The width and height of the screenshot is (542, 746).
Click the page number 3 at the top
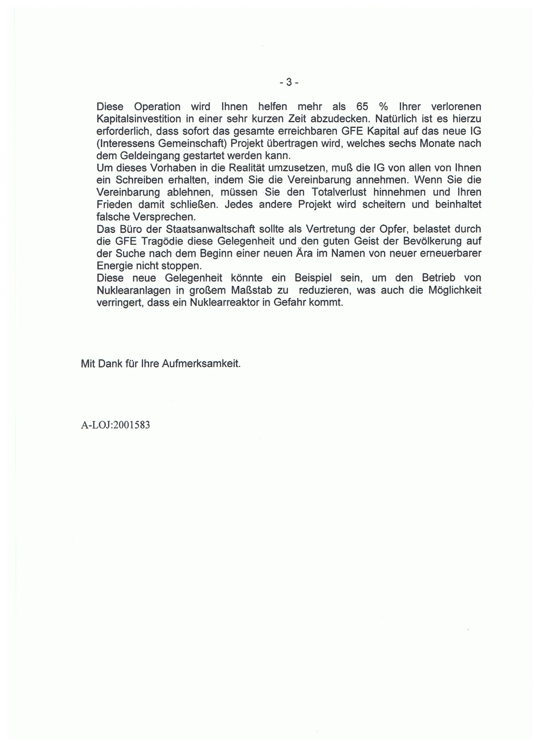coord(289,82)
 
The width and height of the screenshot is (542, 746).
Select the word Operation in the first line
coord(157,107)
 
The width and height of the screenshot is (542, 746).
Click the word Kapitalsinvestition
coord(139,119)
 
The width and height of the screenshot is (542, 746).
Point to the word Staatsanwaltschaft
coord(206,229)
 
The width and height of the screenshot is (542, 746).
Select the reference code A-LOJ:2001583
coord(115,425)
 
